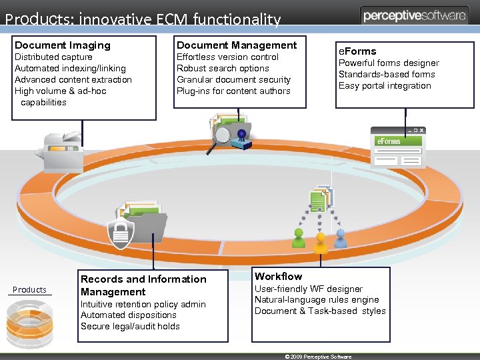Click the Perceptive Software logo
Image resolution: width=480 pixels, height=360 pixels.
point(415,16)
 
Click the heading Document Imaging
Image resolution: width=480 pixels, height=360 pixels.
point(63,45)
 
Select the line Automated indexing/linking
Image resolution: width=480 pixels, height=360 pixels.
point(70,68)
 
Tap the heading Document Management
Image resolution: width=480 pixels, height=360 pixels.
point(236,45)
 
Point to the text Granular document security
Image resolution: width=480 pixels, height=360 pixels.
point(233,79)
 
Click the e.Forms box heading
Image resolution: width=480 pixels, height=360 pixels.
point(357,51)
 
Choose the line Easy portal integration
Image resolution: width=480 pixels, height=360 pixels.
point(385,85)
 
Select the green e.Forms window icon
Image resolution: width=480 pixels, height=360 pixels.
point(398,147)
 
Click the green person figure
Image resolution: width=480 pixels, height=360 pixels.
point(299,237)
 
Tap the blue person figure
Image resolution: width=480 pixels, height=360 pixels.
point(341,237)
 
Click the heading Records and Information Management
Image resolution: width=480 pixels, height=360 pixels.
point(143,285)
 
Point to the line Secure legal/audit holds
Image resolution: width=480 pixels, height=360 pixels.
point(130,326)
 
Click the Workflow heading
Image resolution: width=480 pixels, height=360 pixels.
point(278,276)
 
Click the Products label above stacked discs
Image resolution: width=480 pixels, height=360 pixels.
point(30,289)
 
